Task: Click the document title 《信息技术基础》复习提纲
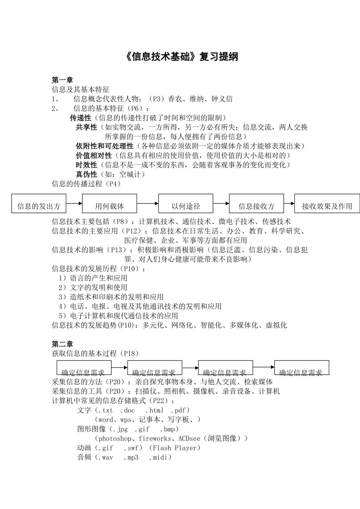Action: pyautogui.click(x=181, y=57)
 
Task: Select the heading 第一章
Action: pyautogui.click(x=63, y=80)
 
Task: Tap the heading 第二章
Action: pyautogui.click(x=63, y=344)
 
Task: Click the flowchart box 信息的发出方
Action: pyautogui.click(x=39, y=204)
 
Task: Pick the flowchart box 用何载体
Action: pyautogui.click(x=110, y=204)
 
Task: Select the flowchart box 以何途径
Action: pyautogui.click(x=186, y=204)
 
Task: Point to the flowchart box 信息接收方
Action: pyautogui.click(x=257, y=204)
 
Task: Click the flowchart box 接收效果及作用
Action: pyautogui.click(x=327, y=204)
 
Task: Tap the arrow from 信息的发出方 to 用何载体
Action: pyautogui.click(x=74, y=203)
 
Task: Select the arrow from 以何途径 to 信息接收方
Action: pyautogui.click(x=221, y=203)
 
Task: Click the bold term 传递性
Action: pyautogui.click(x=81, y=118)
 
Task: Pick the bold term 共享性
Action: pyautogui.click(x=86, y=127)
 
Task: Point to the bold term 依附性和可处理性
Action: pyautogui.click(x=105, y=146)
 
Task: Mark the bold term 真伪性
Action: pyautogui.click(x=86, y=174)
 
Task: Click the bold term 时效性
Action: pyautogui.click(x=86, y=165)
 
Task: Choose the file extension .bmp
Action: pyautogui.click(x=167, y=429)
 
